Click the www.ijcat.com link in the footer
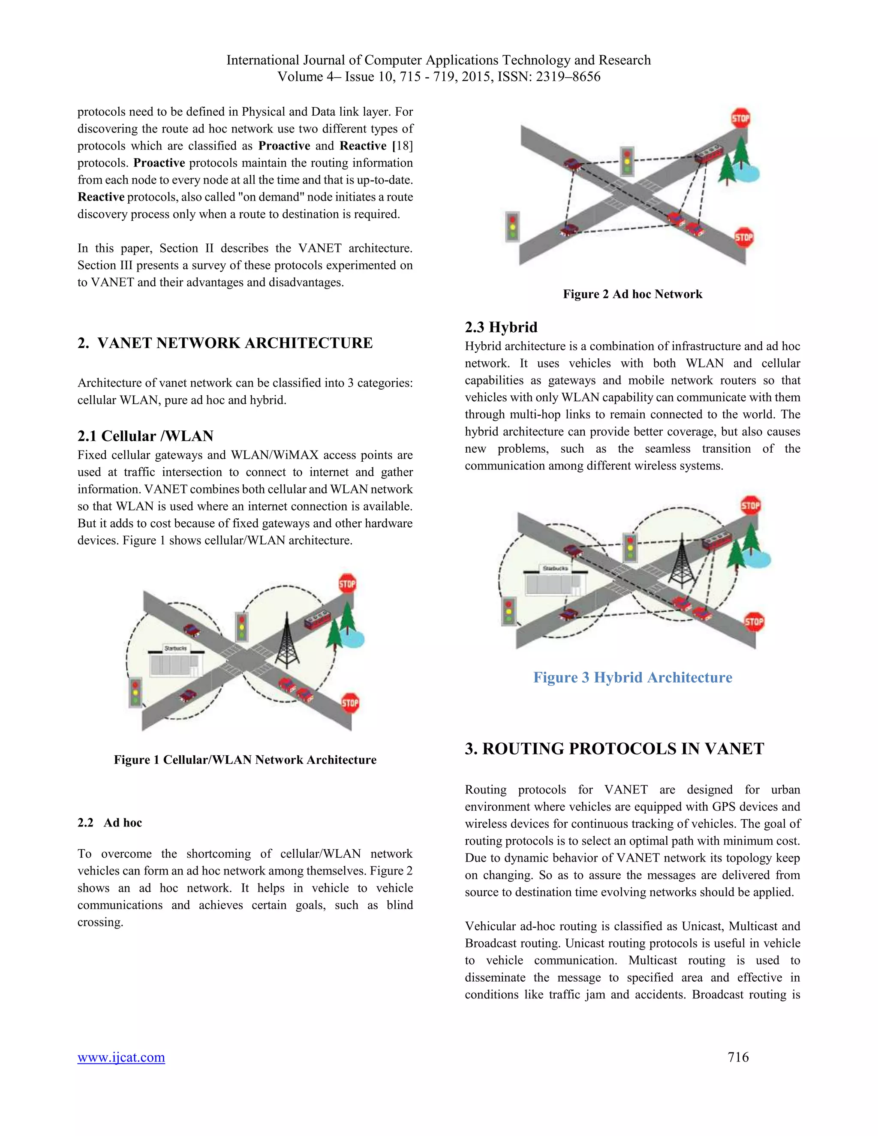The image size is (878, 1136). tap(121, 1057)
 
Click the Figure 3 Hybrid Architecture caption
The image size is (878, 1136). tap(632, 677)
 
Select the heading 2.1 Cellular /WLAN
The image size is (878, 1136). tap(145, 436)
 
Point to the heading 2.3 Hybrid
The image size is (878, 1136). tap(501, 327)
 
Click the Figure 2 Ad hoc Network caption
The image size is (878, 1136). tap(632, 294)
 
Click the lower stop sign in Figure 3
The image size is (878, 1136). tap(754, 621)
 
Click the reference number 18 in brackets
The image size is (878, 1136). tap(404, 146)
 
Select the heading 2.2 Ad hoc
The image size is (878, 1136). tap(110, 822)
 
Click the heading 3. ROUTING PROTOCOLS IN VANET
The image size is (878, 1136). tap(614, 748)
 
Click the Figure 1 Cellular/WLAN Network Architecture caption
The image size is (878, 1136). tap(245, 760)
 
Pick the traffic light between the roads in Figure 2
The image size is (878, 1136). tap(628, 161)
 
